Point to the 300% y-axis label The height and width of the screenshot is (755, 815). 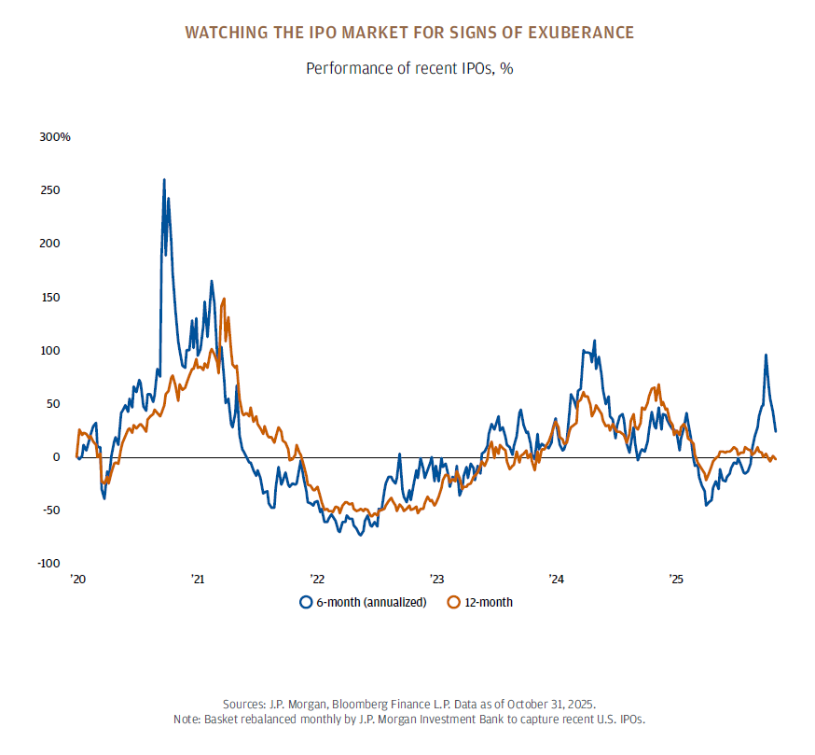point(55,137)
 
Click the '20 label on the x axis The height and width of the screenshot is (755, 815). point(77,580)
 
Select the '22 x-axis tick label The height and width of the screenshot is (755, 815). point(317,580)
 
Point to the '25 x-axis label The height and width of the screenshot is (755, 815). point(677,580)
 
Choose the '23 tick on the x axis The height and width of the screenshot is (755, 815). point(436,580)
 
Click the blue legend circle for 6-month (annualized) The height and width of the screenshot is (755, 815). point(305,602)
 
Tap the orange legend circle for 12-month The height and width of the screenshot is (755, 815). point(455,602)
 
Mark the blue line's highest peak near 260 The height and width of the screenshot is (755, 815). point(164,180)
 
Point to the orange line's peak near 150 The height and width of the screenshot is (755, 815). point(227,318)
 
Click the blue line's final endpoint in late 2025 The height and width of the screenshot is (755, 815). point(776,431)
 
